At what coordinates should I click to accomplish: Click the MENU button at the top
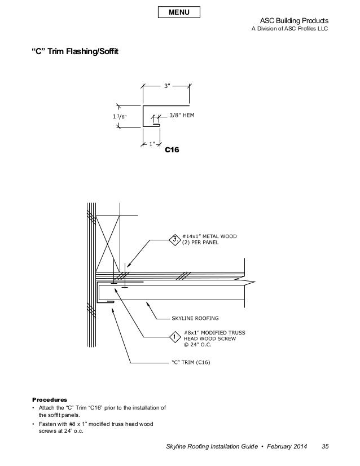click(x=179, y=12)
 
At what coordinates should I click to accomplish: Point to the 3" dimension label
click(x=166, y=86)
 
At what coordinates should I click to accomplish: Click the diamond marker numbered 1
click(x=175, y=338)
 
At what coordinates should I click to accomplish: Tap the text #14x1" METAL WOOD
click(x=211, y=238)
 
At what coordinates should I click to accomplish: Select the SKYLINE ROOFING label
click(x=196, y=319)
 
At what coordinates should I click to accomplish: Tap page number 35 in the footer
click(x=325, y=448)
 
